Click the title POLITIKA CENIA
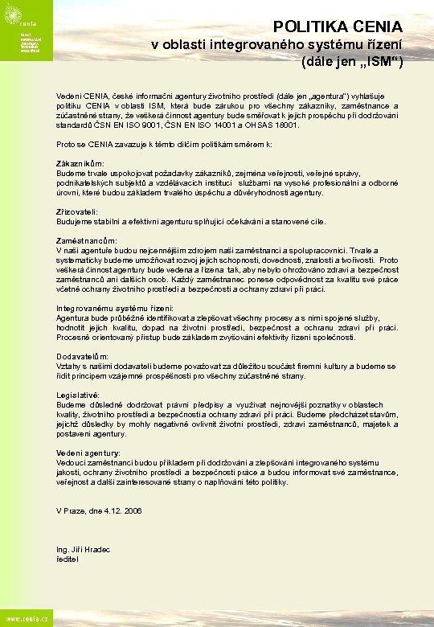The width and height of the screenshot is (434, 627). click(338, 27)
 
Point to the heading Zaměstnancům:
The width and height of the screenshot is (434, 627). click(86, 240)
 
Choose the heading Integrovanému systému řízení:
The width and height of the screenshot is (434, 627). click(115, 308)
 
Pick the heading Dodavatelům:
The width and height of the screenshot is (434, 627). click(82, 356)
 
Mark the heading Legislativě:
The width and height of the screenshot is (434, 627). click(78, 395)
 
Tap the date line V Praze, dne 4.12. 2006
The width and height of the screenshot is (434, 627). click(99, 510)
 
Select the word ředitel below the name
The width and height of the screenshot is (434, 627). click(68, 559)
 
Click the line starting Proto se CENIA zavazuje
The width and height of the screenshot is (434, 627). click(153, 144)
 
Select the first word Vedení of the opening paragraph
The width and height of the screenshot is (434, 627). click(68, 96)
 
